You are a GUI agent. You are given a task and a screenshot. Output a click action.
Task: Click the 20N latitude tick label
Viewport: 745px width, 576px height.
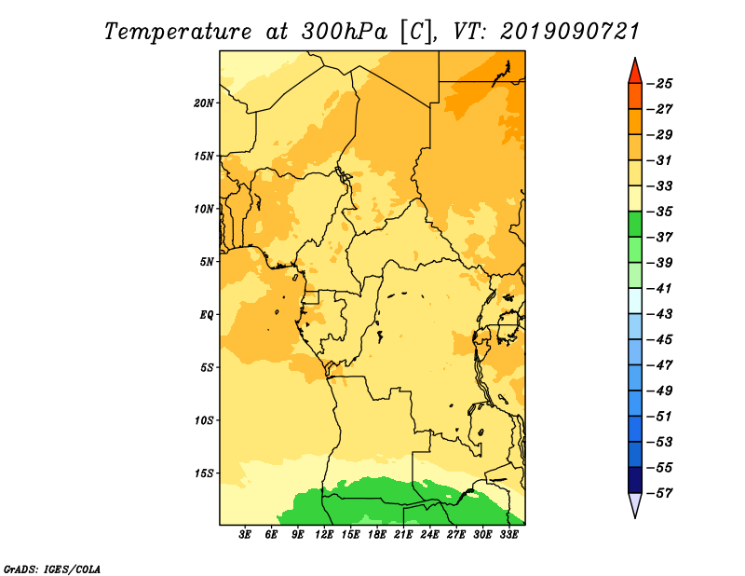204,103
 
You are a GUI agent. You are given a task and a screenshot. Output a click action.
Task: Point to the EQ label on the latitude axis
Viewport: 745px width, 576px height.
206,315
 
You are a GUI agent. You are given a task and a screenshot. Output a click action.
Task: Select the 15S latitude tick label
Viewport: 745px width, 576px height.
204,473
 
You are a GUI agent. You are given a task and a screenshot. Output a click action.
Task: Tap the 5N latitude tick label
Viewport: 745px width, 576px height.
207,262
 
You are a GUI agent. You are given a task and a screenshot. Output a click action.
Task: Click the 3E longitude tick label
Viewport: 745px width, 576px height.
245,534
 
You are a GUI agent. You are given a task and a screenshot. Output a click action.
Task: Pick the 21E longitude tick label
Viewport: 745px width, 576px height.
403,534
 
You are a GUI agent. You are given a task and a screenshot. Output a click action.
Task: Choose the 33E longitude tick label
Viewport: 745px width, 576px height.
508,534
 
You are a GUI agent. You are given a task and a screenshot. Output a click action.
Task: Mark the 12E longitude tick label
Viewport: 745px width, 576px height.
323,534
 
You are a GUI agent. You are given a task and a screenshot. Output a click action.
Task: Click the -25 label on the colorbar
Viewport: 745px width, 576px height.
660,84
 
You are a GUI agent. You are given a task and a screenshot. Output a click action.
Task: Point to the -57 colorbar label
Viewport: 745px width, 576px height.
660,493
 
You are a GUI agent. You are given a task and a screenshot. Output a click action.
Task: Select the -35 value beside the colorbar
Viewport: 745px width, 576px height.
660,212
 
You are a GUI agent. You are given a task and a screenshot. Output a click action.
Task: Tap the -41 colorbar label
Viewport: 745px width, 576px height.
660,289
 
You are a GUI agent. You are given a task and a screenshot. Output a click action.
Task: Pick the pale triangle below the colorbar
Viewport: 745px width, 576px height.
635,503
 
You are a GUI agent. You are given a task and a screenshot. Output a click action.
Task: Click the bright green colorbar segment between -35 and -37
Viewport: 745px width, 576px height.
635,225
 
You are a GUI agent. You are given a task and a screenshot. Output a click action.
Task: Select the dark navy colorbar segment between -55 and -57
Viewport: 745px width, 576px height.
635,480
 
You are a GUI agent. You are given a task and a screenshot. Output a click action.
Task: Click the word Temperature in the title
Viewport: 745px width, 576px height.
178,32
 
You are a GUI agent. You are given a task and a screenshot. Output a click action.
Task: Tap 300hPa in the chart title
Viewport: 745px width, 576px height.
345,32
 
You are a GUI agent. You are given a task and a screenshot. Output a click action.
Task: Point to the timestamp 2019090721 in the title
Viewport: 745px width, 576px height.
570,32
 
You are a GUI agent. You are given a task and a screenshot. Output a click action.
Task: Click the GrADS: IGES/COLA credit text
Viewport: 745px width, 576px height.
52,569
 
